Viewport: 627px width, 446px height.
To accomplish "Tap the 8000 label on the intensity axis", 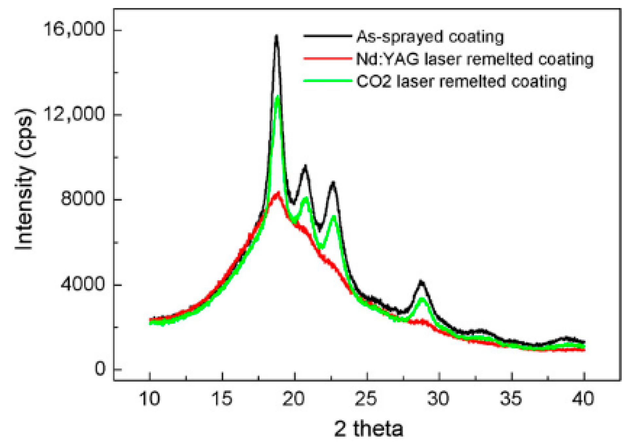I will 82,198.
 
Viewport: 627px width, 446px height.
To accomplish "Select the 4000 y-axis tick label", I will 82,283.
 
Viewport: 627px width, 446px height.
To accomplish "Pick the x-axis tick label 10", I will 149,399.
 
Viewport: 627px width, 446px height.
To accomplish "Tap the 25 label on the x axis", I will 367,399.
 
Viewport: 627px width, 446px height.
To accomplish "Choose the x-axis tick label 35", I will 511,399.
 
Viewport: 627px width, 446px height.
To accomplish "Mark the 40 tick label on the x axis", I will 583,399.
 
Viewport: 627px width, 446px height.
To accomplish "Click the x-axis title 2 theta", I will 369,429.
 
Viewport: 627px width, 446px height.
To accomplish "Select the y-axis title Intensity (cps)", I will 25,179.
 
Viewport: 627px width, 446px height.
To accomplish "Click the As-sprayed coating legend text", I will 430,37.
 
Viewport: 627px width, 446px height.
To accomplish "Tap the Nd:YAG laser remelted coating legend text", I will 475,60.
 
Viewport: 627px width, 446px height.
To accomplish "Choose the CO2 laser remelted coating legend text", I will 461,82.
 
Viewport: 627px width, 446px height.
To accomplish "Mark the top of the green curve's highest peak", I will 278,96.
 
